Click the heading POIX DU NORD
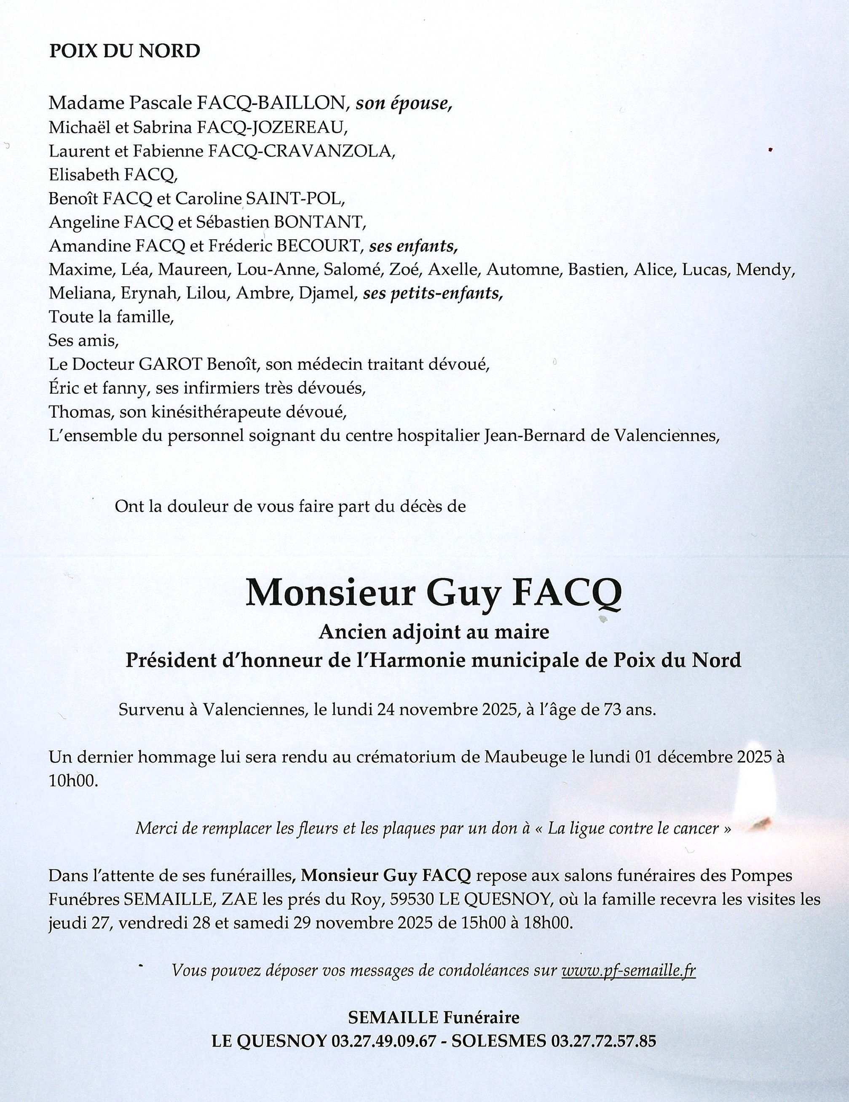pos(124,51)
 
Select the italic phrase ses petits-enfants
pos(433,294)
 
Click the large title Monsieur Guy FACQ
pos(433,593)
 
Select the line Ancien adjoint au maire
pos(433,632)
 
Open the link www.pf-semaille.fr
pos(628,970)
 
